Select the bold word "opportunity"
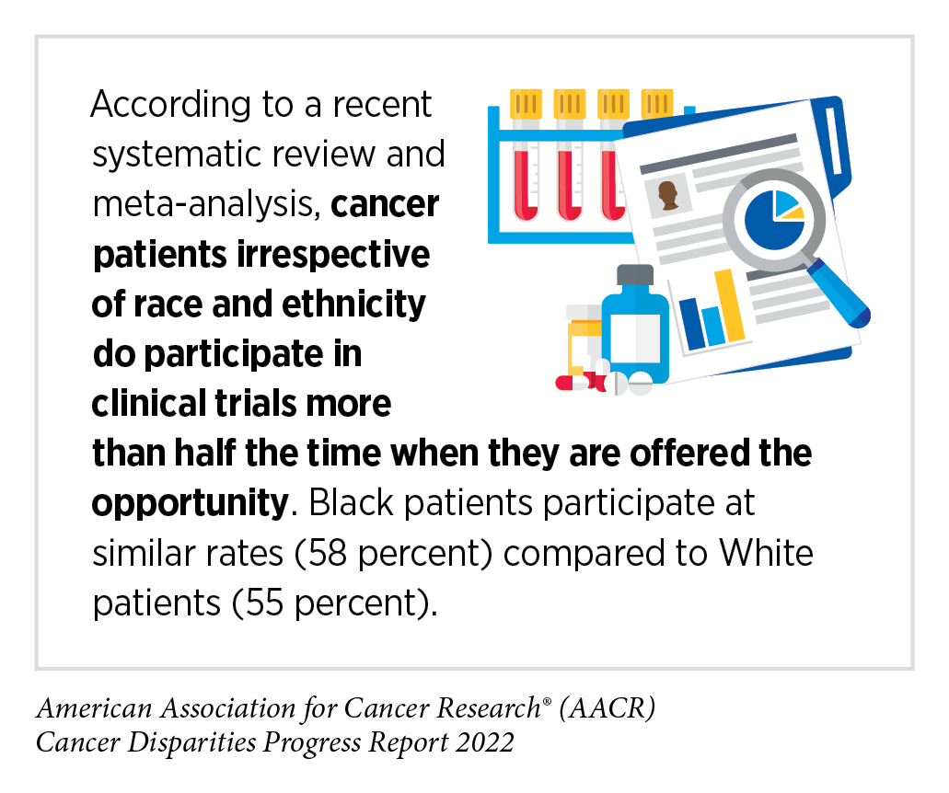186,504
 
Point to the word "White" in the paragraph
767,555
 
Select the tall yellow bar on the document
730,305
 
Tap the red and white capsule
578,382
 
